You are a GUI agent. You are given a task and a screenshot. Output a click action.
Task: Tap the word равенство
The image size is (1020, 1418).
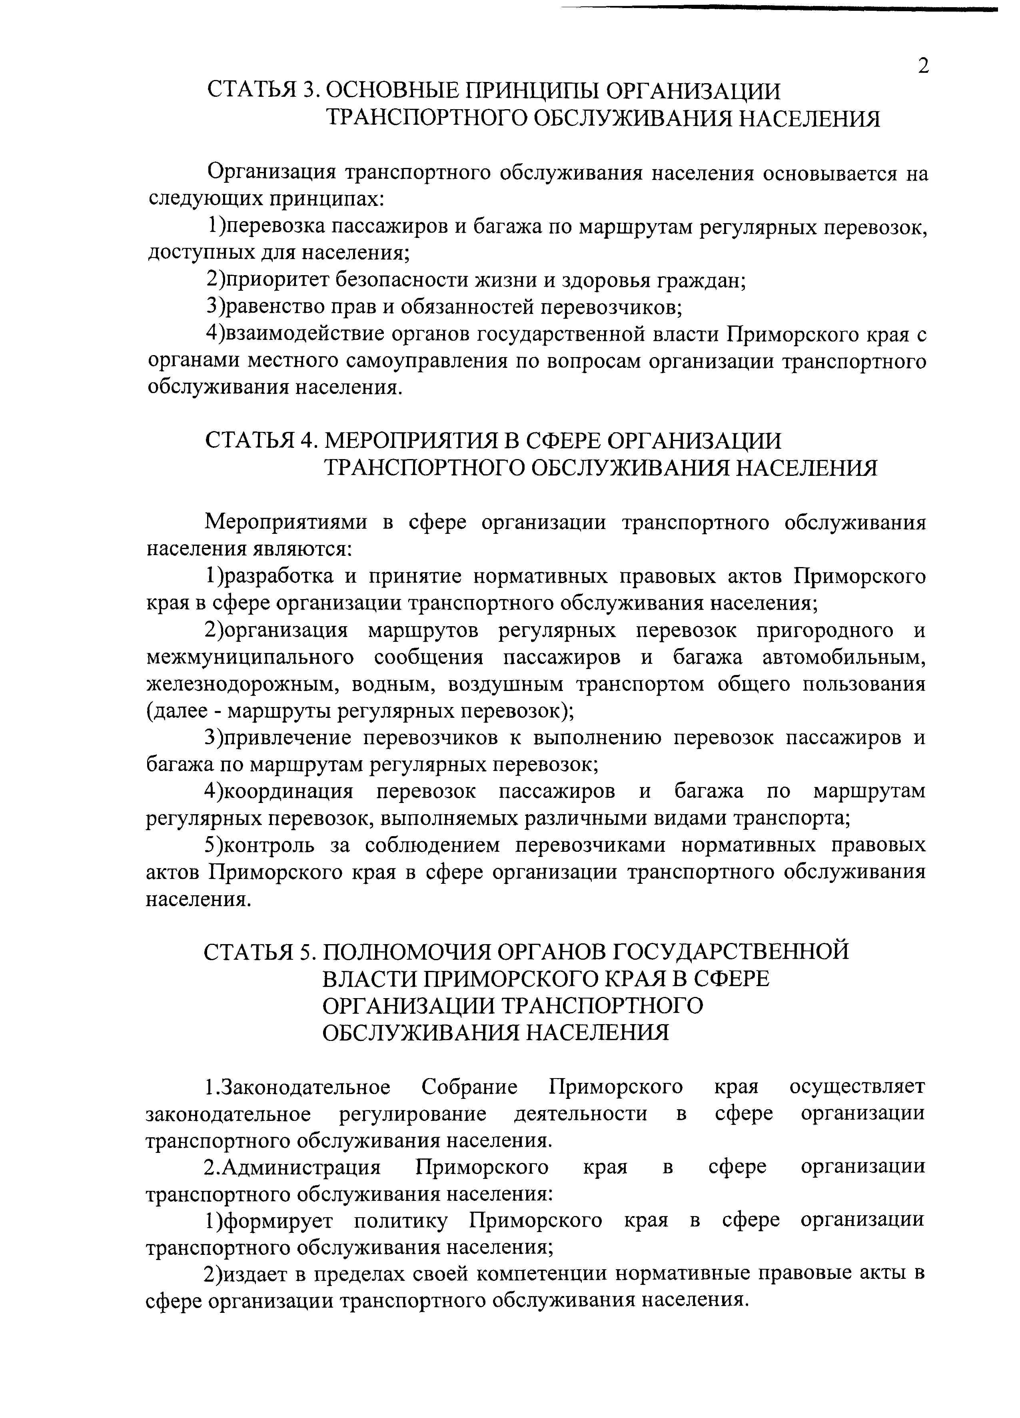pos(279,307)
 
